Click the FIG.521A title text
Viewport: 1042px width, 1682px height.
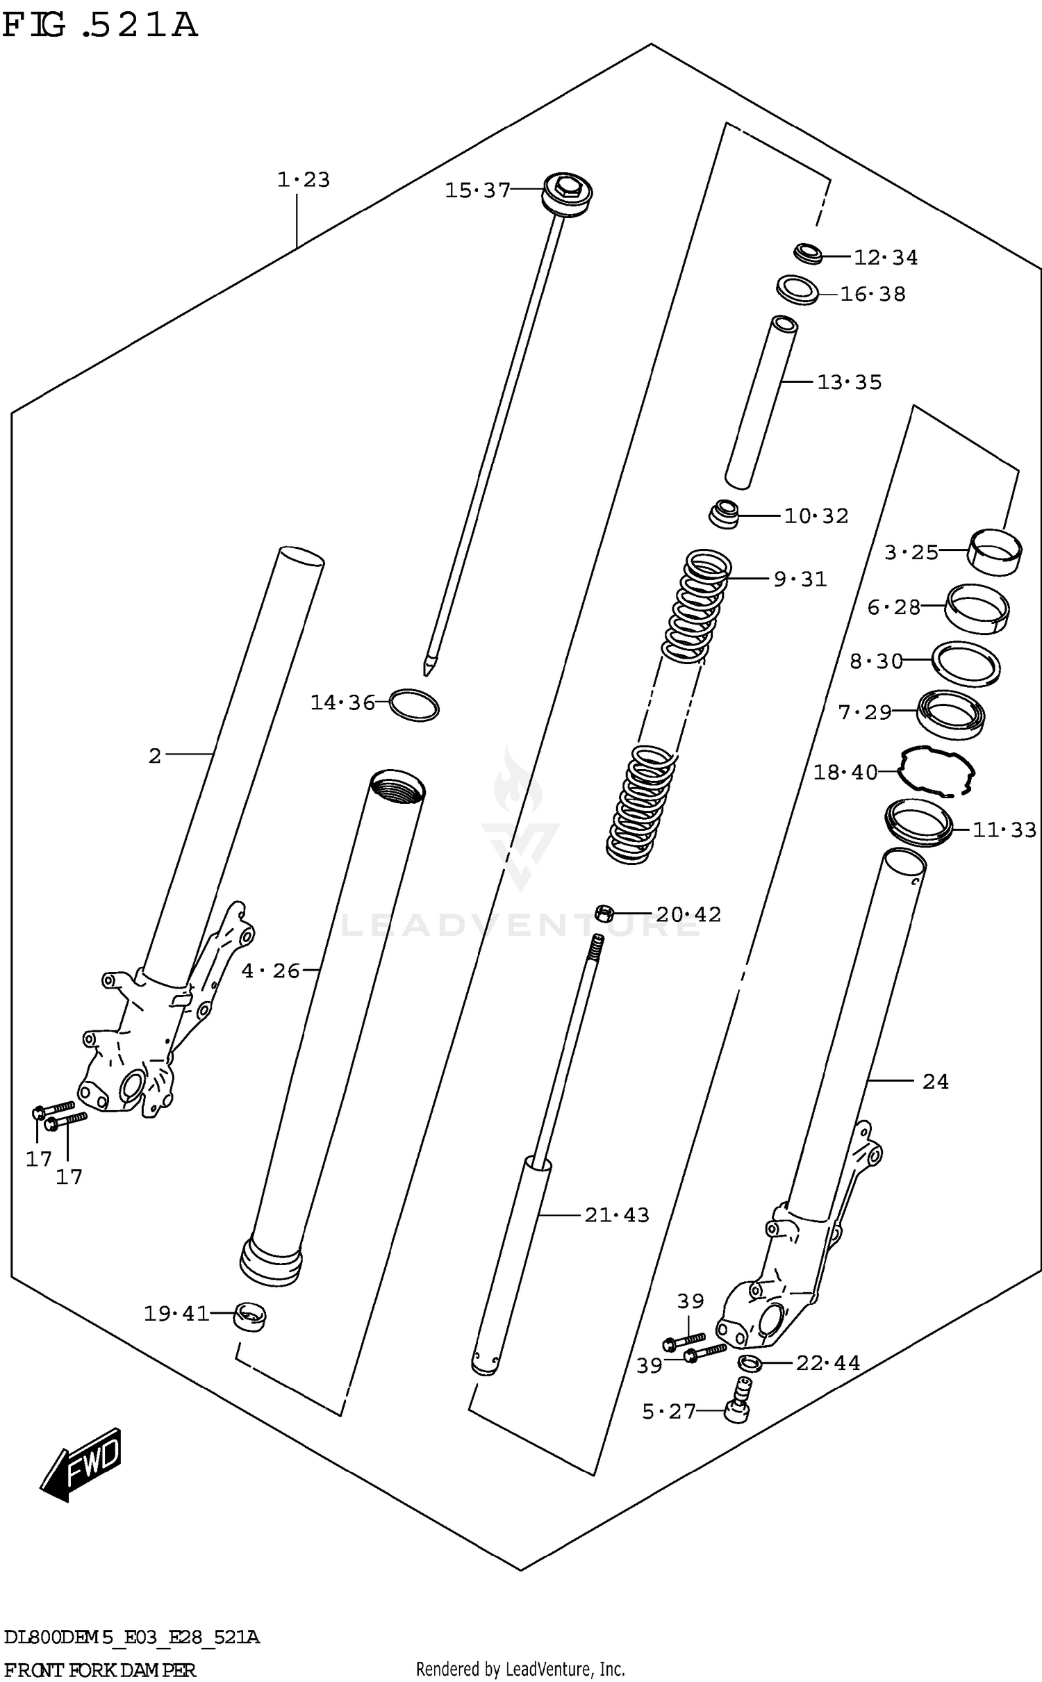tap(99, 26)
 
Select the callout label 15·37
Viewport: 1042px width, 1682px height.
tap(477, 190)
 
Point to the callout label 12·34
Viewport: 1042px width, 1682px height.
tap(885, 258)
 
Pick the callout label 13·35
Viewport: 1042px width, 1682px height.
tap(849, 382)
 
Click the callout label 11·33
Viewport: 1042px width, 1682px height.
tap(1004, 830)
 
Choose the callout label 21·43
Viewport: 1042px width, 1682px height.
tap(616, 1215)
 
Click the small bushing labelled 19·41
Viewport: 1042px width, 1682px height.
tap(249, 1316)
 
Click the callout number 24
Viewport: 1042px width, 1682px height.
tap(935, 1082)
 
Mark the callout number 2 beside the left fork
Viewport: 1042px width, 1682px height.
tap(155, 755)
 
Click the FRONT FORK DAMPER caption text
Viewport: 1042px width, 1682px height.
tap(99, 1669)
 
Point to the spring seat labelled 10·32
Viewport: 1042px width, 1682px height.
tap(724, 515)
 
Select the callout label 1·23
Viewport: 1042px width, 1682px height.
tap(304, 180)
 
